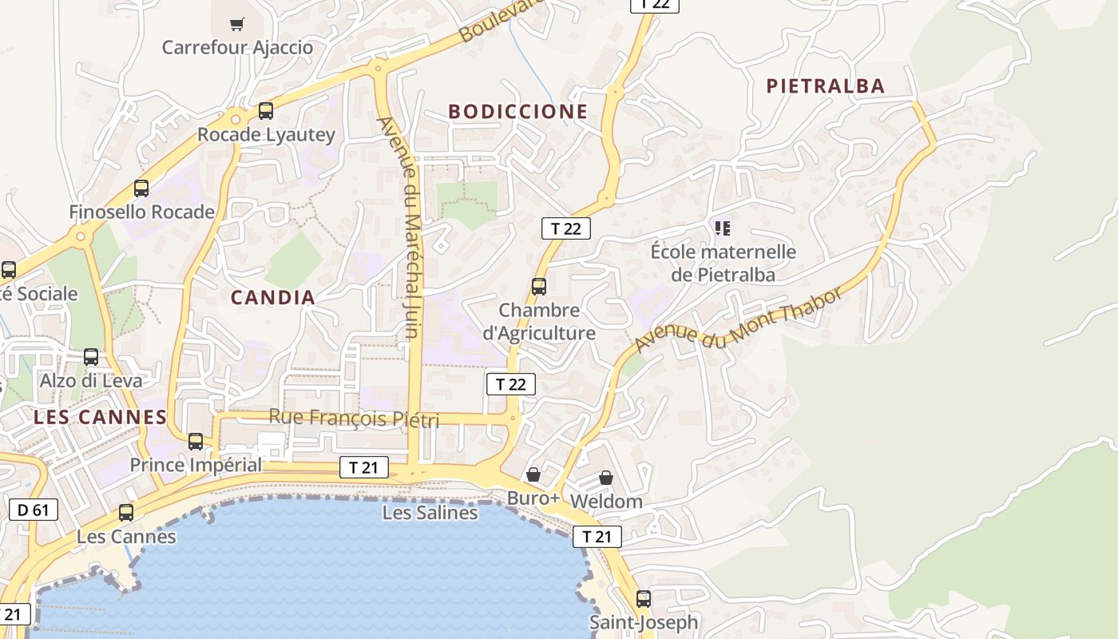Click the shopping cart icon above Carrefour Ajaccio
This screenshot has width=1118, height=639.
236,24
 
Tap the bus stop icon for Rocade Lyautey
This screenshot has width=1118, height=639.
266,111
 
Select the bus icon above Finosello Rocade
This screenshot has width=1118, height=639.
141,189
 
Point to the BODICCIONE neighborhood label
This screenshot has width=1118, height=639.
517,112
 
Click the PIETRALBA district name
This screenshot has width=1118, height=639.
826,86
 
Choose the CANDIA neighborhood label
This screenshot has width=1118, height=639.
273,298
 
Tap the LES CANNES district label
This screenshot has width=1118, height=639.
100,417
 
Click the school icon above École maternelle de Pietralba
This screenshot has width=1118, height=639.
723,229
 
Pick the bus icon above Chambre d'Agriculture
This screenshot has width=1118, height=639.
539,286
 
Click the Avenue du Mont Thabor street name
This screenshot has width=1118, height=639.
739,320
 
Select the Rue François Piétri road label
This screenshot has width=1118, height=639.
354,418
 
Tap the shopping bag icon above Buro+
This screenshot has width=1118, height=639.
533,475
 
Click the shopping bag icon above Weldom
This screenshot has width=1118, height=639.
606,478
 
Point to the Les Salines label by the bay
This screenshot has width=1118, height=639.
430,513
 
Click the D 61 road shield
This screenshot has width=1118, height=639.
34,509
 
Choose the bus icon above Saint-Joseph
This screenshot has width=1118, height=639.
644,598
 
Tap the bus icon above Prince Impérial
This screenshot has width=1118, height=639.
196,441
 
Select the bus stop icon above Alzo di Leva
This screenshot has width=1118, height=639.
91,357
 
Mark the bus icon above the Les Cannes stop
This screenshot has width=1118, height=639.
126,513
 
